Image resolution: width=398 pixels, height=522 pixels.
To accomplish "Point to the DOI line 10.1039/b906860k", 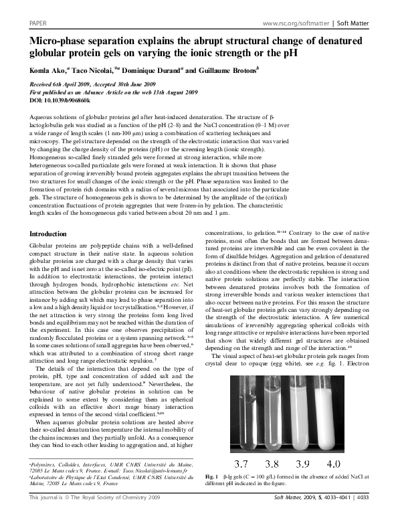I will [x=62, y=98].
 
